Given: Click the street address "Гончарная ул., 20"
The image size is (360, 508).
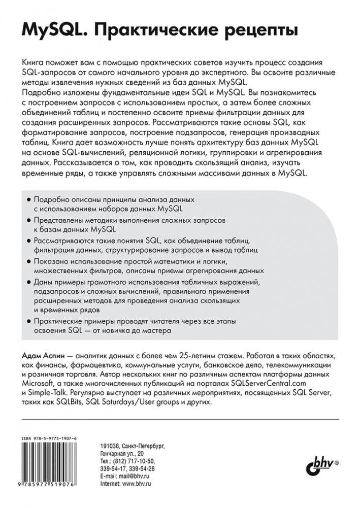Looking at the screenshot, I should pyautogui.click(x=122, y=453).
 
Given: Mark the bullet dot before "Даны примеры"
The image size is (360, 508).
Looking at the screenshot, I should pyautogui.click(x=27, y=281).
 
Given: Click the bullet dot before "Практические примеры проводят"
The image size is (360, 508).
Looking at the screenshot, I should pyautogui.click(x=27, y=321).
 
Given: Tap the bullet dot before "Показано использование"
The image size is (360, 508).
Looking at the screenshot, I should pyautogui.click(x=27, y=261).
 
